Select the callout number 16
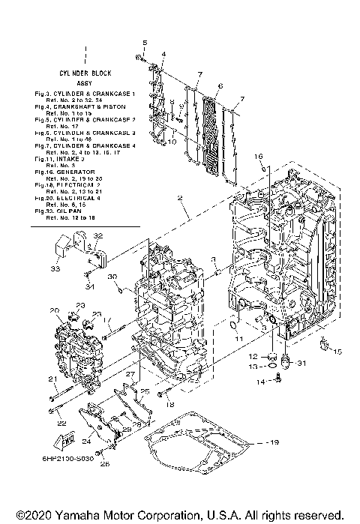(x=257, y=156)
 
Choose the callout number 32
(x=98, y=236)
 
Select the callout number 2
(x=180, y=198)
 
